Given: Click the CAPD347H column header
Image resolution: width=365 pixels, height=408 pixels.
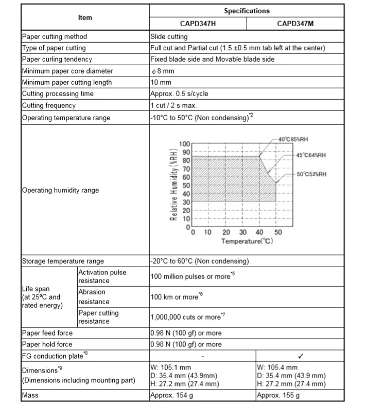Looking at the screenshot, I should [198, 23].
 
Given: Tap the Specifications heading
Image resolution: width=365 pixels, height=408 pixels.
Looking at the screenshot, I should [247, 11].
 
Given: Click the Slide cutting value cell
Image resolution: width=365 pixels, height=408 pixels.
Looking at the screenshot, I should [169, 37].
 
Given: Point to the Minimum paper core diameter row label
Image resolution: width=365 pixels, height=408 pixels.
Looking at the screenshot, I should [67, 71].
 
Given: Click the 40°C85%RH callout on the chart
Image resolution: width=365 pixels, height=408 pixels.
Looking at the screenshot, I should [293, 139].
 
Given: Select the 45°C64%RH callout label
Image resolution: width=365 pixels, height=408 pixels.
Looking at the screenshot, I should [310, 155].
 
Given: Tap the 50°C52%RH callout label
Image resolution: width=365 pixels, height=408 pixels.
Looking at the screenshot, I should [311, 174].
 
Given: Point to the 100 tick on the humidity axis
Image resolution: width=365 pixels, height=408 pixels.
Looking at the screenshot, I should [184, 144].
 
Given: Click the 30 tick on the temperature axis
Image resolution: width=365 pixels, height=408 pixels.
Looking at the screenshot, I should [243, 232].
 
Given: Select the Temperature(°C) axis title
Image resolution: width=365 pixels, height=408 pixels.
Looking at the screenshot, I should [247, 240].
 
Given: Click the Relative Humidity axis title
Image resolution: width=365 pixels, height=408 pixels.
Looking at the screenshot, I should [175, 185].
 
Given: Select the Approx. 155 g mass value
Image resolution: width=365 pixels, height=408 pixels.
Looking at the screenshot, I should [278, 395].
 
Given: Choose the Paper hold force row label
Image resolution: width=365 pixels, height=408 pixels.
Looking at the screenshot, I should [47, 344].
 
